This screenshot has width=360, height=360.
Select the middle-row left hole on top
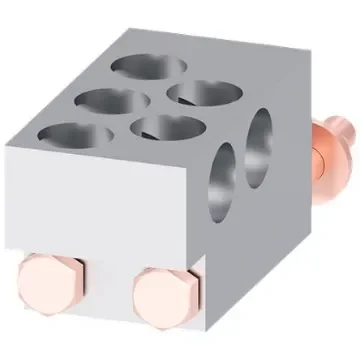tap(112, 101)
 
